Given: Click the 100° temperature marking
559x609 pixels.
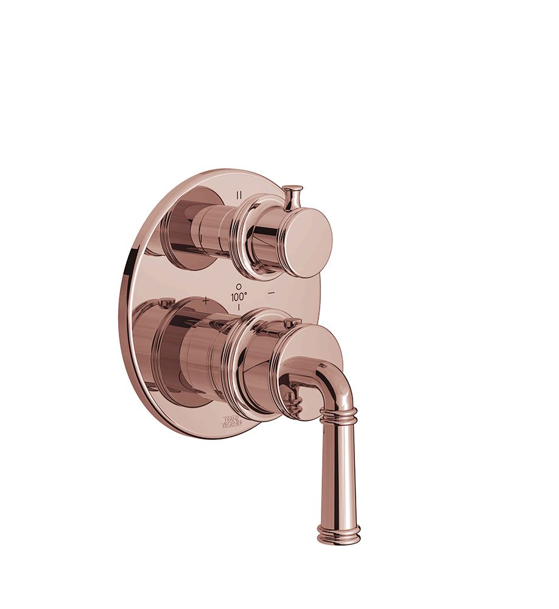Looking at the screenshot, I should [x=239, y=297].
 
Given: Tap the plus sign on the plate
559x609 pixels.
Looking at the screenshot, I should [x=206, y=300].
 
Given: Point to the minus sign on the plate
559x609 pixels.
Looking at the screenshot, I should [x=272, y=293].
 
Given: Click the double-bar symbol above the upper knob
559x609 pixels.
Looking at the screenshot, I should [x=239, y=195].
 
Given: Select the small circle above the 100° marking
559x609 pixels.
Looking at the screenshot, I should [x=239, y=286].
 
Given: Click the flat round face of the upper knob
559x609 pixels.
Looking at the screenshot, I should [x=308, y=237].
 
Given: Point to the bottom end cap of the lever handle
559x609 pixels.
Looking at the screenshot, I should [x=339, y=538].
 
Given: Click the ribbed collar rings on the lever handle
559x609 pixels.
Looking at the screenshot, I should [x=337, y=415].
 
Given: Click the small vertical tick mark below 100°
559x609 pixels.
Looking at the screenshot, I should [x=239, y=307].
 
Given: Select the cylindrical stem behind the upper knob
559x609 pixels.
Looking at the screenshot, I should [x=213, y=228].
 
